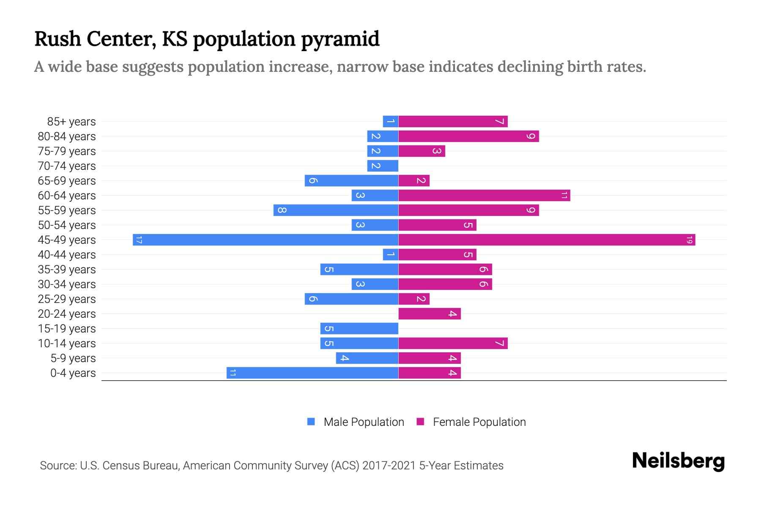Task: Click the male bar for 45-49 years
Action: pos(266,240)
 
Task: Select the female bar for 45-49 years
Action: pos(547,240)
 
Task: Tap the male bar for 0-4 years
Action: pos(312,373)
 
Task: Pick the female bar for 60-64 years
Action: pos(484,196)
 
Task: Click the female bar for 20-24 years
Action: pos(430,314)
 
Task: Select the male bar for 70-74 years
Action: pos(383,166)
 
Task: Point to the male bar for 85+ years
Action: pos(390,122)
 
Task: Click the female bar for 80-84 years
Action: pos(468,136)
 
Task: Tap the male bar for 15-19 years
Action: pos(359,329)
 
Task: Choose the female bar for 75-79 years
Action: pos(422,151)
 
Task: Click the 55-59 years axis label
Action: pos(67,210)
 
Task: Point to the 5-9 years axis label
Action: pos(73,358)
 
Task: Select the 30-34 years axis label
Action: pos(67,284)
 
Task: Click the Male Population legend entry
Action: pos(364,422)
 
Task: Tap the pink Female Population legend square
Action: pos(420,422)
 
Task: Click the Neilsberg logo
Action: pos(678,461)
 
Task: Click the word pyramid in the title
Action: pos(340,39)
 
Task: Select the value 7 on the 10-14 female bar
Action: pos(500,343)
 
